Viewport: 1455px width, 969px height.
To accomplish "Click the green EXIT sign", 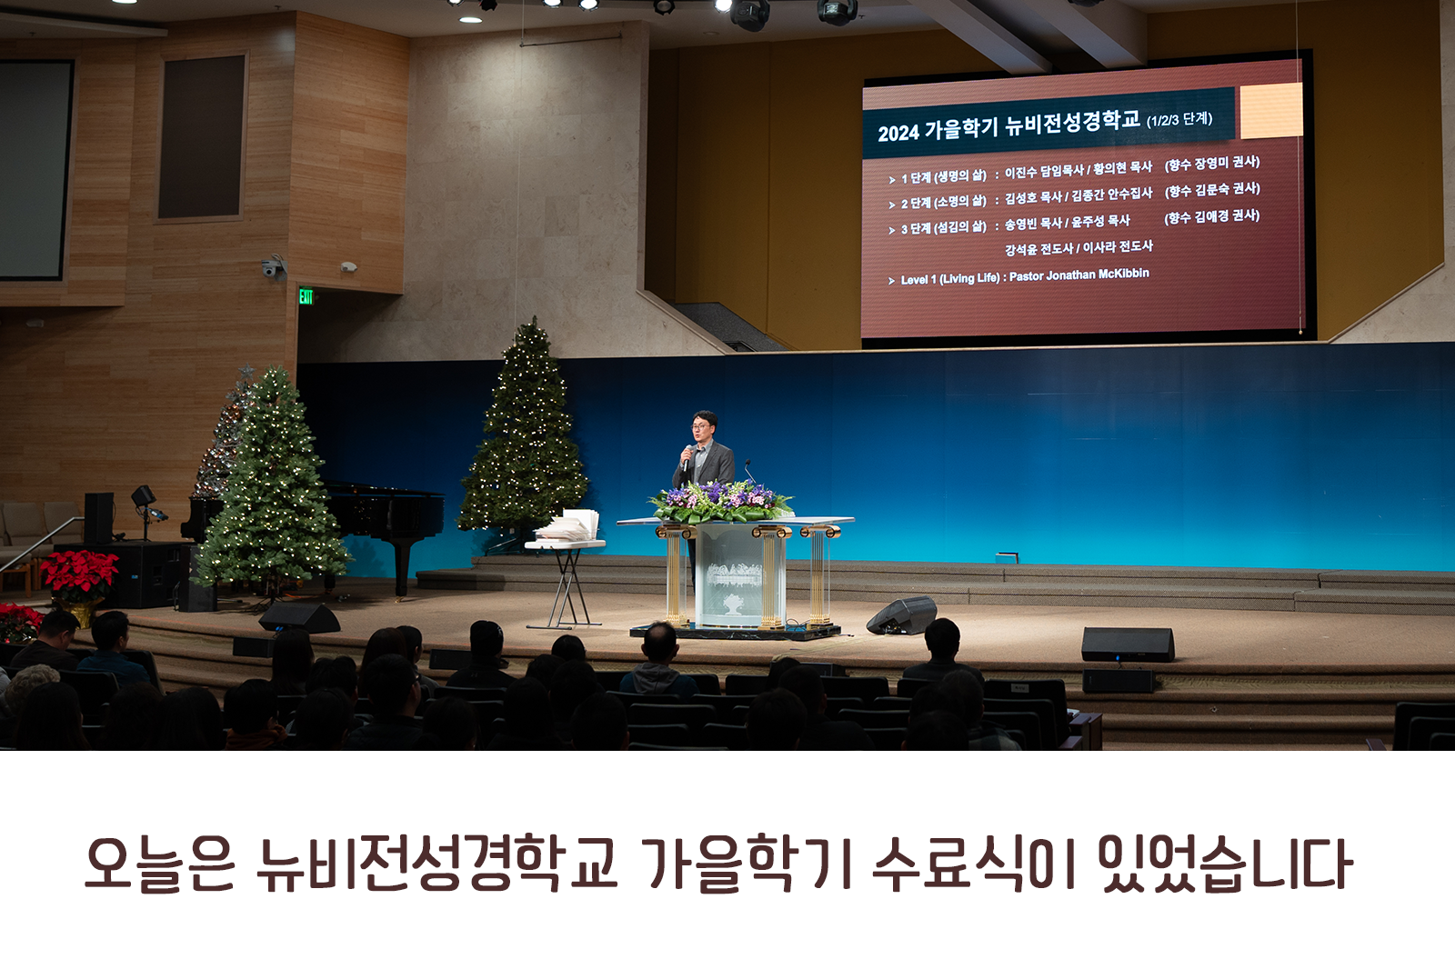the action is point(306,297).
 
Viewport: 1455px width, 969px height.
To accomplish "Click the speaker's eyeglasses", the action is point(699,426).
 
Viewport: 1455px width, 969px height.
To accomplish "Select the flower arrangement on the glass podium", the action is point(721,502).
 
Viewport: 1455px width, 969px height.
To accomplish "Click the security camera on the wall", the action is point(273,267).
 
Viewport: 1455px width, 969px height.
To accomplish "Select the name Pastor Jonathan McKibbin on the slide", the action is point(1079,275).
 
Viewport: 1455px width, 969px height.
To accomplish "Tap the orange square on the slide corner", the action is point(1270,110).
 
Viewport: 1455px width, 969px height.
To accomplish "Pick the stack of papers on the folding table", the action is point(567,525).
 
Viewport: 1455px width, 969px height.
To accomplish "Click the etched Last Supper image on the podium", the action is point(734,574).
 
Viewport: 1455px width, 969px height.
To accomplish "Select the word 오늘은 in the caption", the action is point(160,865).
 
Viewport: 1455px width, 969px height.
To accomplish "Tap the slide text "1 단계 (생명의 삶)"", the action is point(943,177).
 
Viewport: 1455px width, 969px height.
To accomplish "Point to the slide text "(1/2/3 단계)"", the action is point(1179,120).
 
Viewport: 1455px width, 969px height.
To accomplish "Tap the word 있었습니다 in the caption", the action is point(1225,864).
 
